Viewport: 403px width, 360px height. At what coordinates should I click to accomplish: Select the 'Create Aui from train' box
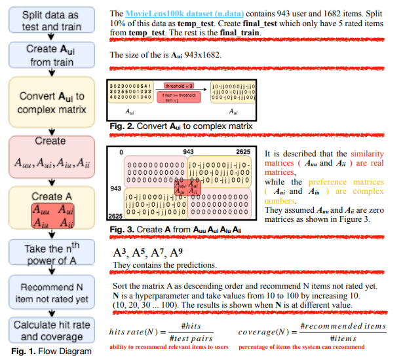click(50, 55)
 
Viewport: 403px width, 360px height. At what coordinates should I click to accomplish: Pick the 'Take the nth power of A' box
click(50, 253)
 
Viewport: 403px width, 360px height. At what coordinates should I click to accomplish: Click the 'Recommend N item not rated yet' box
click(50, 293)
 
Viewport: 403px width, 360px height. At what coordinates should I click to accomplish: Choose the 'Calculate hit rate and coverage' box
click(50, 331)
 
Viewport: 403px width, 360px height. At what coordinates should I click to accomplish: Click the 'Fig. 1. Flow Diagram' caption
click(48, 351)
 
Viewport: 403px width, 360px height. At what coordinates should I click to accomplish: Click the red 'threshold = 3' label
click(178, 84)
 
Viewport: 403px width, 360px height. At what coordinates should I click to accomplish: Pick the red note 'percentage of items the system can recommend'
click(320, 346)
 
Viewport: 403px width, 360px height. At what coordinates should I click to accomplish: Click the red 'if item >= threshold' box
click(179, 98)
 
